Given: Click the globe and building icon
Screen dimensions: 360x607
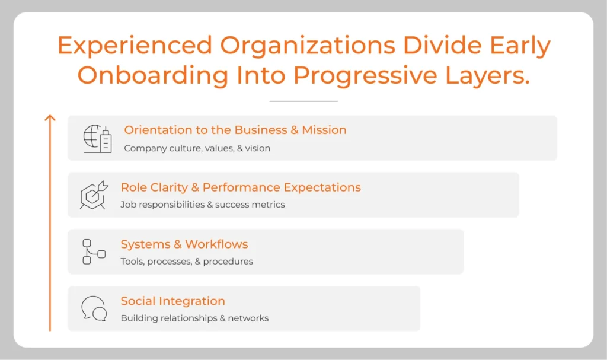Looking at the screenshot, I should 97,139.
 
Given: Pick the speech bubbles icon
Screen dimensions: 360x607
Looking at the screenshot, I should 94,308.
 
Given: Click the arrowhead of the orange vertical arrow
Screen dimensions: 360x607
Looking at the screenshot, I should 50,118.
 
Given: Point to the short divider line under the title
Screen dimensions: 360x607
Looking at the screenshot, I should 303,101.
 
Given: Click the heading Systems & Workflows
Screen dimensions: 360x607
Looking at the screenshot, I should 184,244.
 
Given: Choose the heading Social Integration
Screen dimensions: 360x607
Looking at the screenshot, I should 172,301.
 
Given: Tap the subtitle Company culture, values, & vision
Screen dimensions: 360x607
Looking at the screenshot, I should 197,148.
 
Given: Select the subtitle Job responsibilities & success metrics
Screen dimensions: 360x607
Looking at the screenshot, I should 203,205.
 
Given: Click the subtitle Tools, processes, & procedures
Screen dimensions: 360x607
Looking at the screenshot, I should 187,262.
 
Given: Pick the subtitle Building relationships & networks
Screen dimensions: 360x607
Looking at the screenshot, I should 194,318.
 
